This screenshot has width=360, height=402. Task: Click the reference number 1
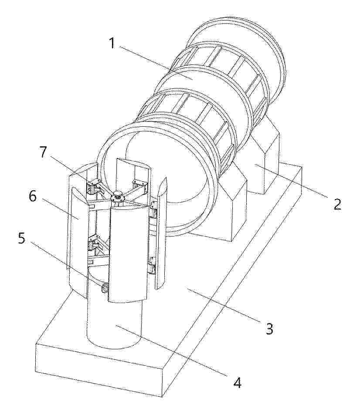(112, 43)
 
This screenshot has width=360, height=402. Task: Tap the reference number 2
(338, 204)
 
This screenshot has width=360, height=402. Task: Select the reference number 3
(269, 329)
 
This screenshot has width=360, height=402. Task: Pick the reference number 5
(22, 238)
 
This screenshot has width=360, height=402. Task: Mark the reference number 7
(43, 152)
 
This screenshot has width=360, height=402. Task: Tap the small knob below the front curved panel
(105, 289)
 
